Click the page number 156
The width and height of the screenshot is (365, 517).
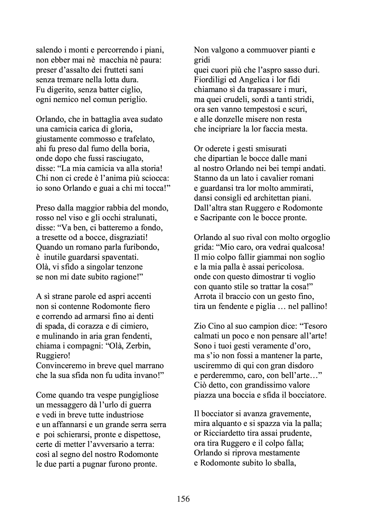click(183, 499)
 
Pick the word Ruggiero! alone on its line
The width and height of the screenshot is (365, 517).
click(53, 356)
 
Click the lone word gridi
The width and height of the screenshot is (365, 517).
click(202, 60)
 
